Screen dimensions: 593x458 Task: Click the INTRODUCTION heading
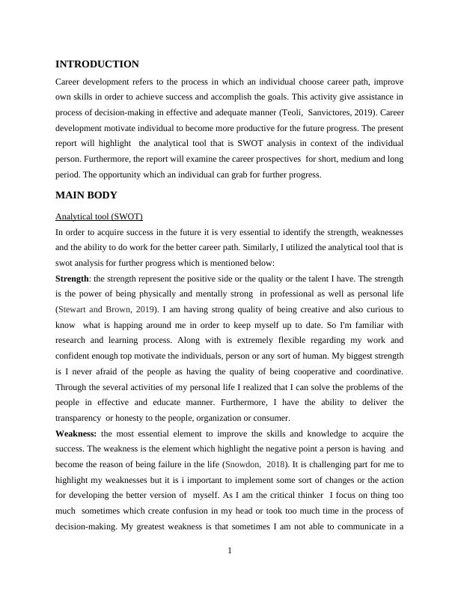[x=97, y=64]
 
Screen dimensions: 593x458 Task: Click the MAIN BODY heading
[x=86, y=195]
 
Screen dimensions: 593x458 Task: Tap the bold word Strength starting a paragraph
[x=72, y=279]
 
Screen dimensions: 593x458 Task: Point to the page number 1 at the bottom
[x=230, y=552]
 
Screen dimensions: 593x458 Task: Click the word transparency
[x=80, y=419]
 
